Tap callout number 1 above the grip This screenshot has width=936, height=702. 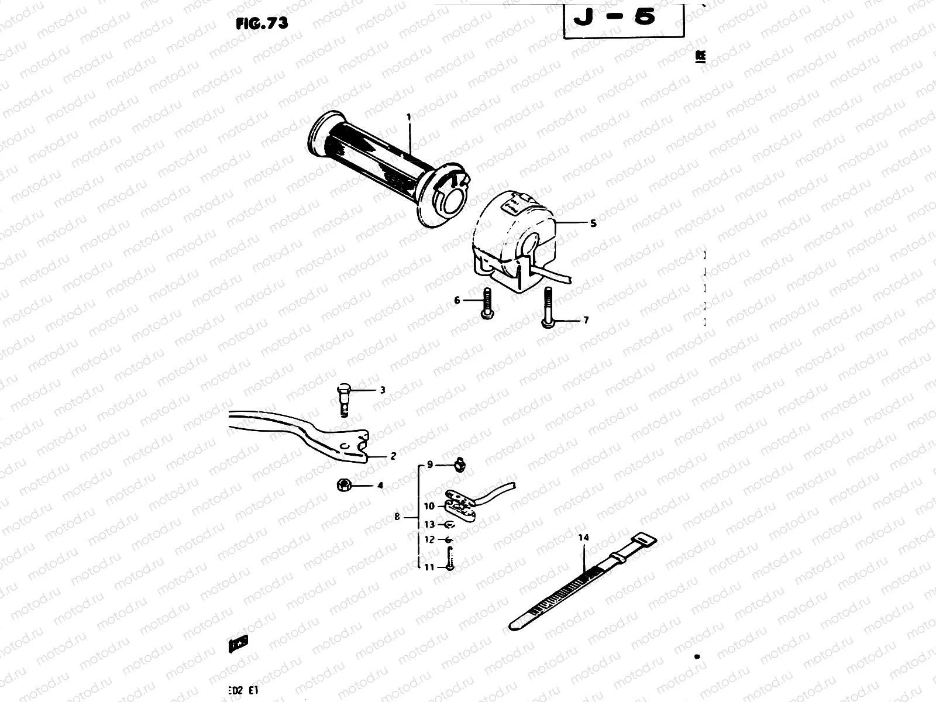tap(409, 117)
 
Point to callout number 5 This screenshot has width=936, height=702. tap(593, 223)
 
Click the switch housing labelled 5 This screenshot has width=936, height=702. tap(515, 240)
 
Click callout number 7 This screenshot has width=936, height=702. tap(586, 321)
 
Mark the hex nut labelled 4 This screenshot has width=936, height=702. tap(343, 485)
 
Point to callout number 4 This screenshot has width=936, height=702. tap(380, 486)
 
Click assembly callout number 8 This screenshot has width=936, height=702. tap(397, 517)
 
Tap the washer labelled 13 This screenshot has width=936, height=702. tap(449, 525)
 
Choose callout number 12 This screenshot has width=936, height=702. tap(430, 539)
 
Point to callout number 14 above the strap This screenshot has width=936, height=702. tap(583, 537)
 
